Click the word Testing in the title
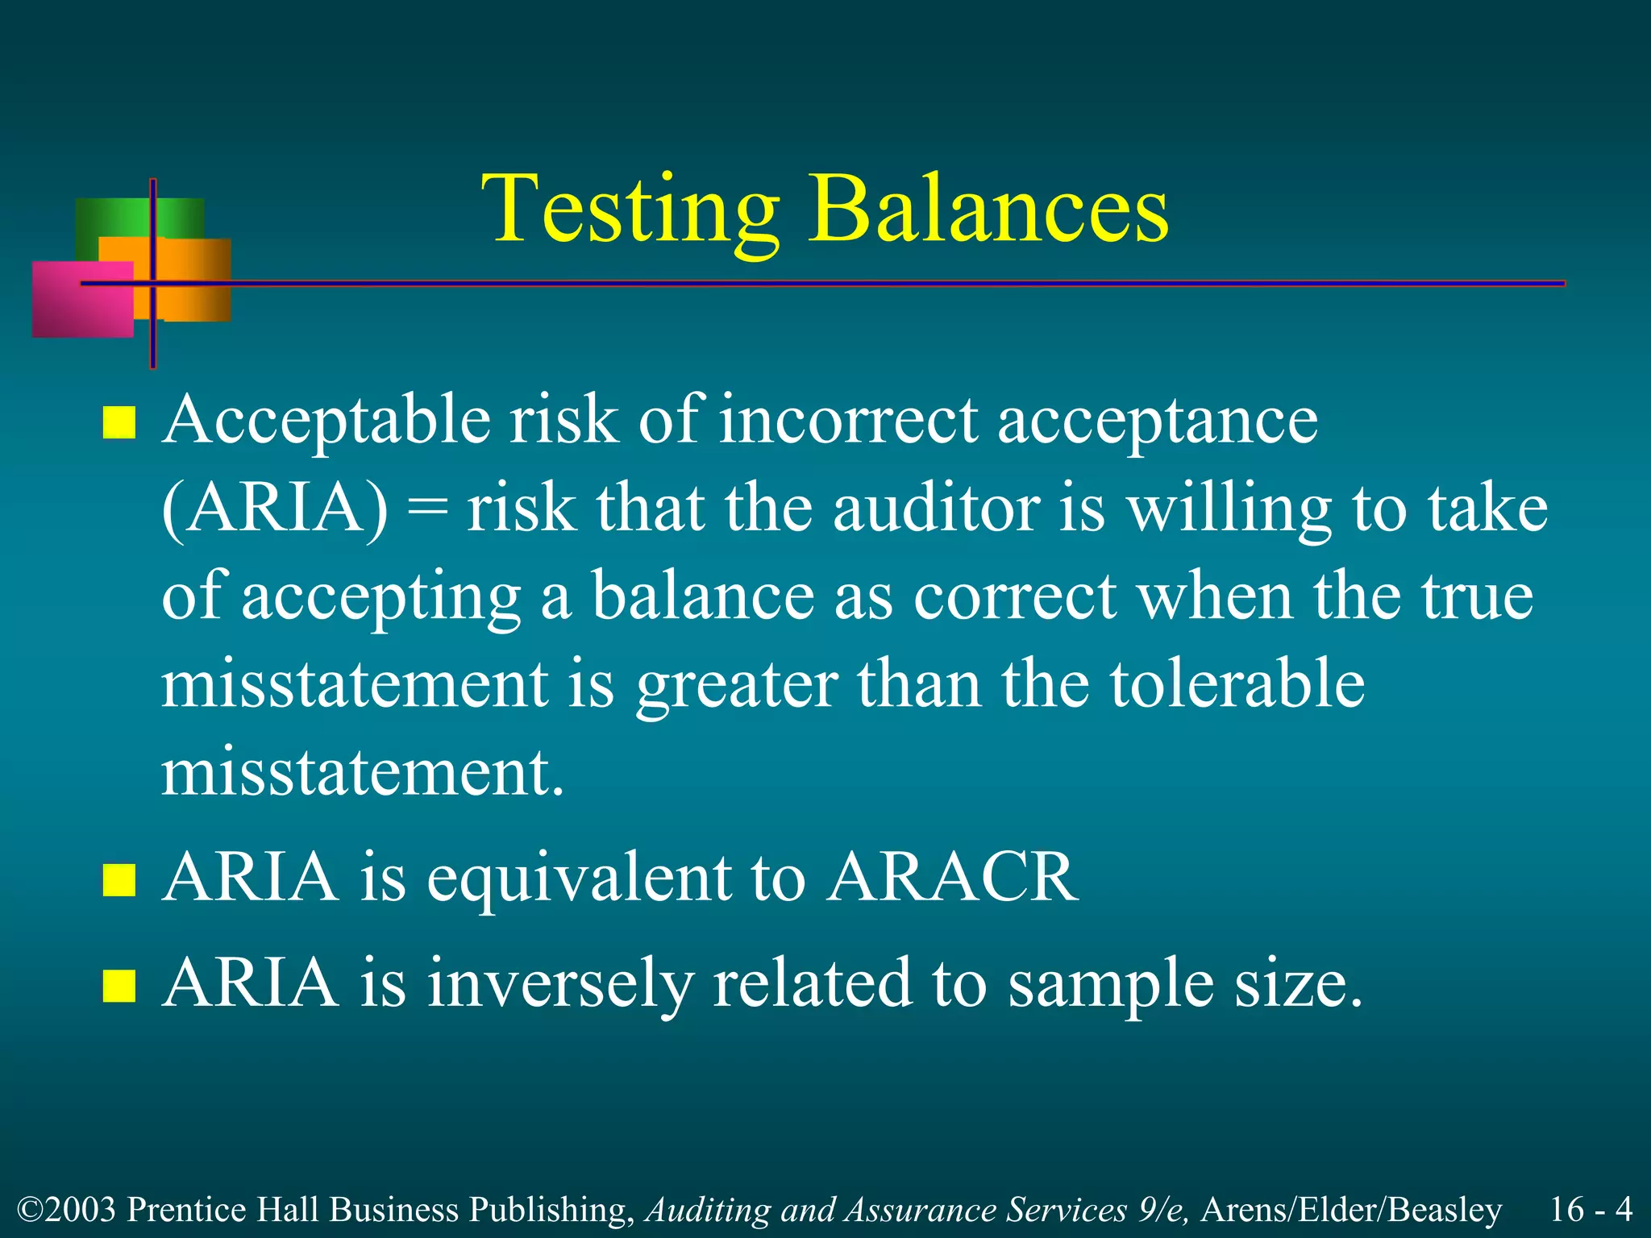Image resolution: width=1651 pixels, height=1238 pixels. click(630, 211)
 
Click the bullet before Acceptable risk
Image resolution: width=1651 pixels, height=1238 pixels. click(119, 422)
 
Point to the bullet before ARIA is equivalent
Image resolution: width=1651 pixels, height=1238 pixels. click(119, 879)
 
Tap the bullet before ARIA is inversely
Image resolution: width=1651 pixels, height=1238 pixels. click(119, 985)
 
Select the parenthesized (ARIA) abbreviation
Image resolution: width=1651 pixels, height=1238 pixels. click(275, 509)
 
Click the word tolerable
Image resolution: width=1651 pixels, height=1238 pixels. click(1237, 683)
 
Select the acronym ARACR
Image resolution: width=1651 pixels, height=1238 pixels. click(952, 878)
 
